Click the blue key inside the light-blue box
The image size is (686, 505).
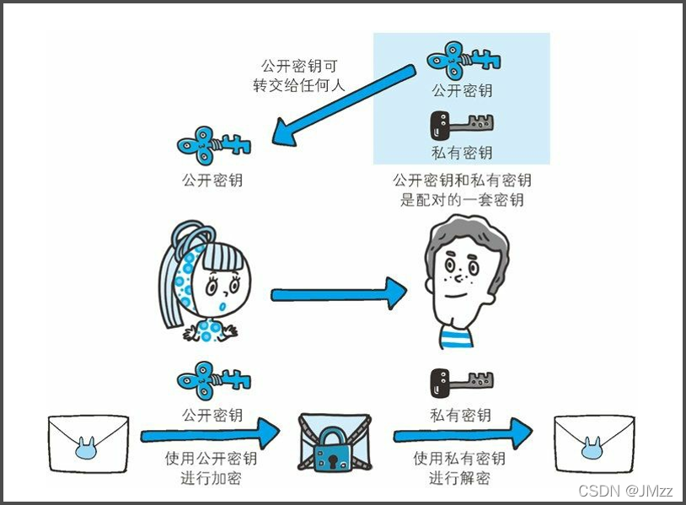463,60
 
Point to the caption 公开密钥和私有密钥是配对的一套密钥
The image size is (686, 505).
462,190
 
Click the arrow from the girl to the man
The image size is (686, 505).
338,294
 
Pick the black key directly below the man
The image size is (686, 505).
460,384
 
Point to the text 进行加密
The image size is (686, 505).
211,478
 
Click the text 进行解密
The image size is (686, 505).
459,478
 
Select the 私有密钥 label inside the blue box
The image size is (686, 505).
461,153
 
